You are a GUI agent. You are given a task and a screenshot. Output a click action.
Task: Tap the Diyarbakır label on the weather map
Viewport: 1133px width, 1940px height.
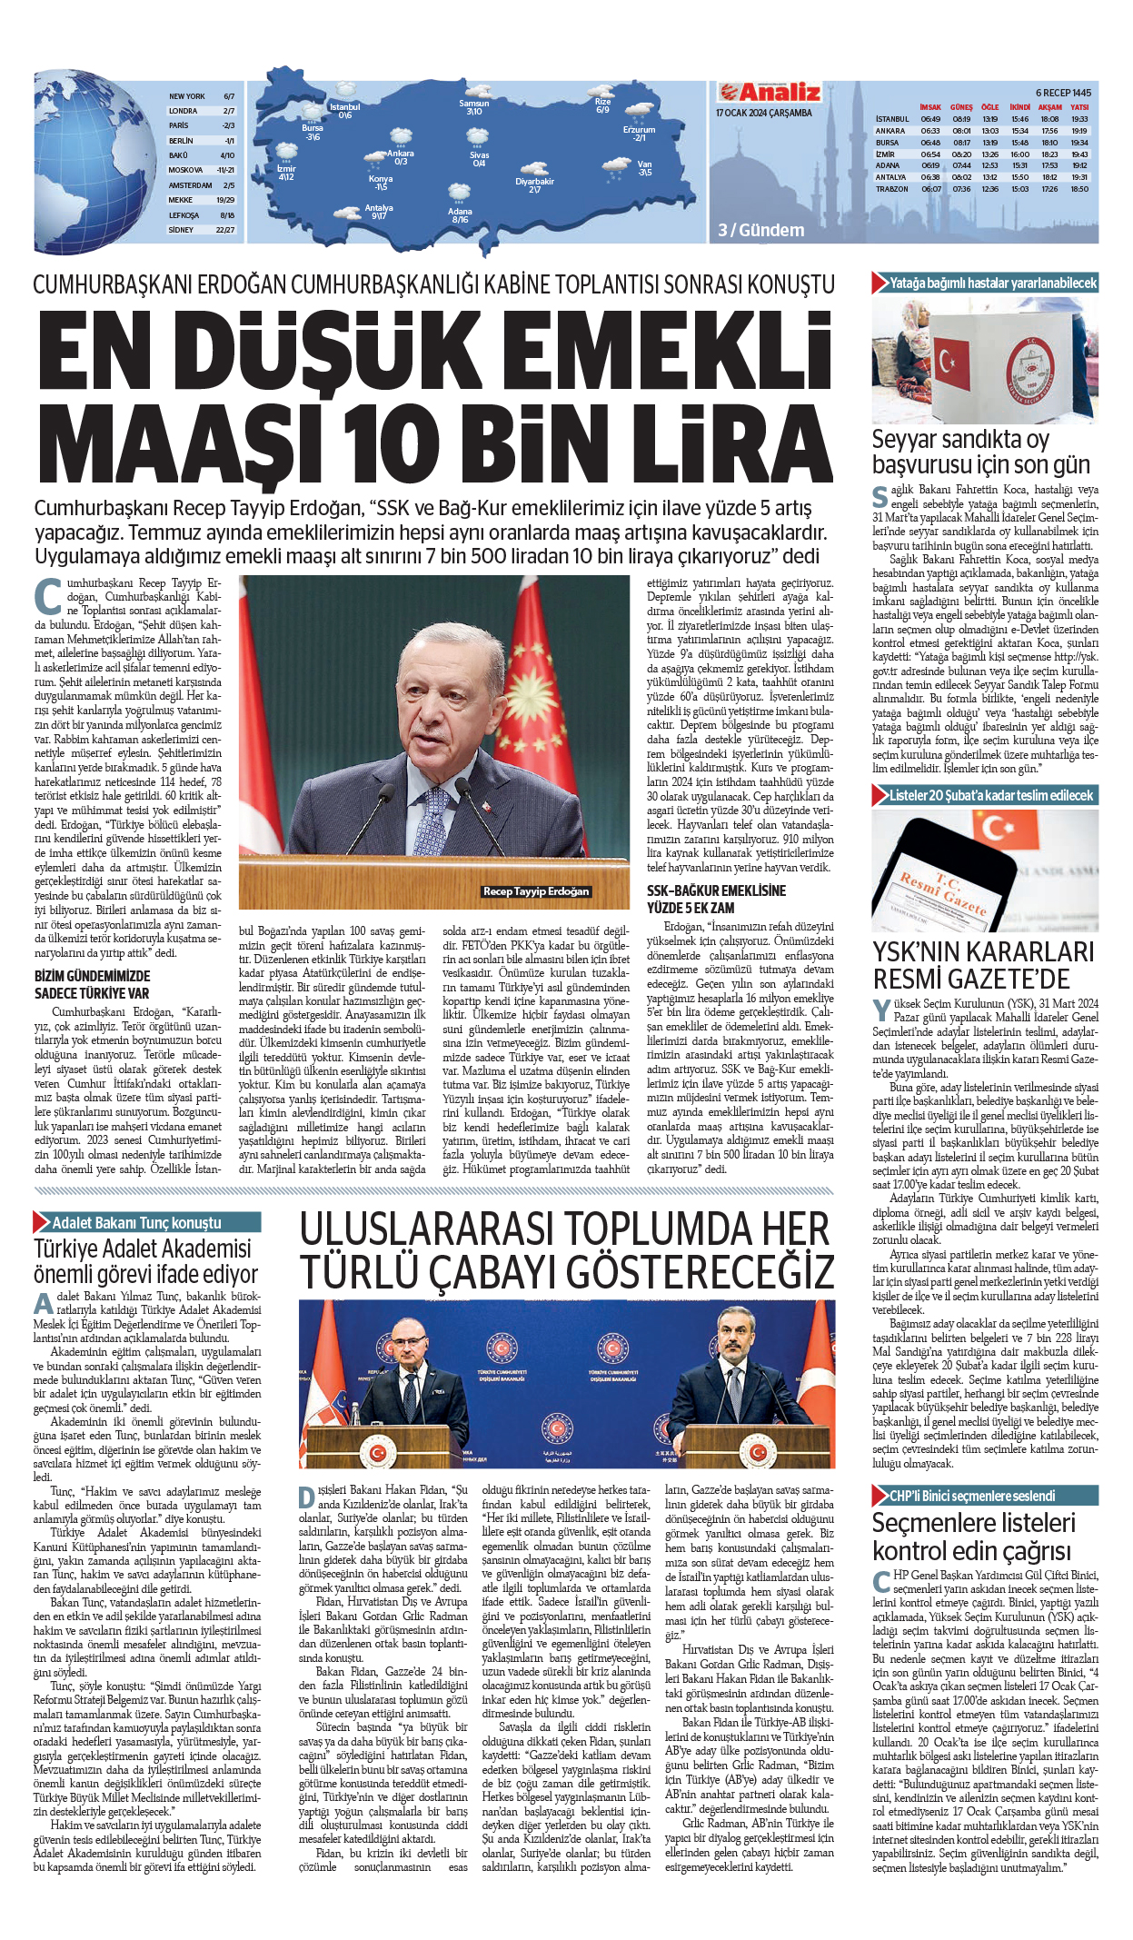tap(534, 182)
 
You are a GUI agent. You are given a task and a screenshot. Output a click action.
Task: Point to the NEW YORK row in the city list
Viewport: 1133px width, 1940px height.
tap(187, 96)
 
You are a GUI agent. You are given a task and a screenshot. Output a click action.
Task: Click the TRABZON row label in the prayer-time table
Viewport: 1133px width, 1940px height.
tap(891, 189)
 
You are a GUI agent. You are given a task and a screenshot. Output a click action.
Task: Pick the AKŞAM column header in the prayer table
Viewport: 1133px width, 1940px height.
tap(1049, 107)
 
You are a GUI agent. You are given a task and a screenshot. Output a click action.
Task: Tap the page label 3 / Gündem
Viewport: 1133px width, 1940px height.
tap(760, 230)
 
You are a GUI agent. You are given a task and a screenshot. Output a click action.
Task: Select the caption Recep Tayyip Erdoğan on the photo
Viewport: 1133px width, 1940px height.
tap(536, 891)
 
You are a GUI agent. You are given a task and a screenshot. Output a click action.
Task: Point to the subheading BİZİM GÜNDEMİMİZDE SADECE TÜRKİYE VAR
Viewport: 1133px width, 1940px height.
tap(92, 984)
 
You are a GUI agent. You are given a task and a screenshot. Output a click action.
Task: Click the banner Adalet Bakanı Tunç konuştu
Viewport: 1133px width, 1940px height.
tap(136, 1222)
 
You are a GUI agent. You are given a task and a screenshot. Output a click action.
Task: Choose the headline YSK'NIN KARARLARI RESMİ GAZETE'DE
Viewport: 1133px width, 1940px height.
tap(983, 965)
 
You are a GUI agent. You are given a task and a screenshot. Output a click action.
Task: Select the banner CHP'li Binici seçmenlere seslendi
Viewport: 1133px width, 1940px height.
tap(972, 1495)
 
